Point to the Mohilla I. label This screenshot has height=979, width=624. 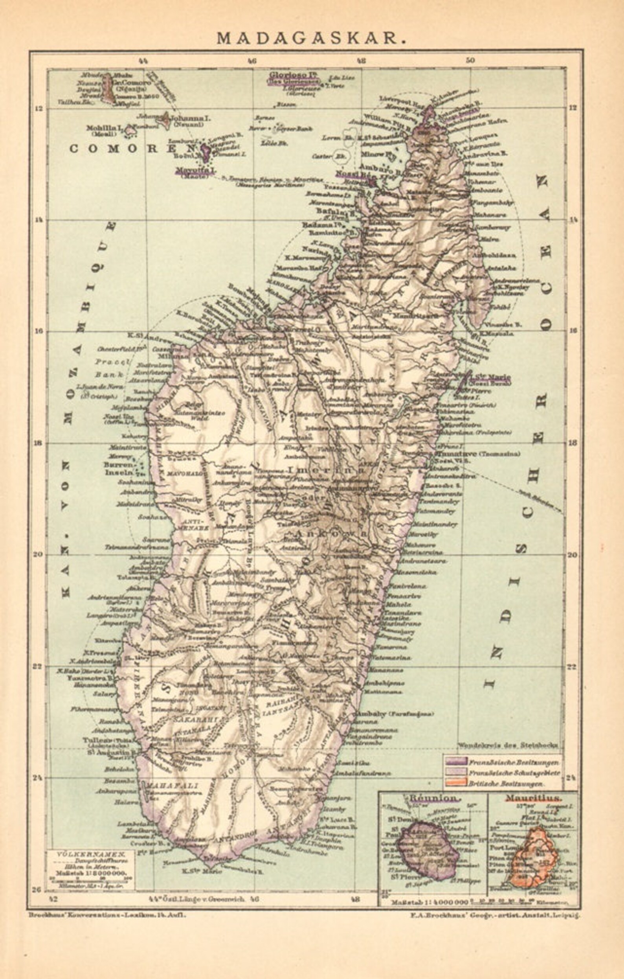tap(104, 128)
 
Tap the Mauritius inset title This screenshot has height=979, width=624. tap(533, 798)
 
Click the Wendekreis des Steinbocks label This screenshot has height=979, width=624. tap(508, 745)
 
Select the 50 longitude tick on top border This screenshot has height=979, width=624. tap(470, 61)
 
